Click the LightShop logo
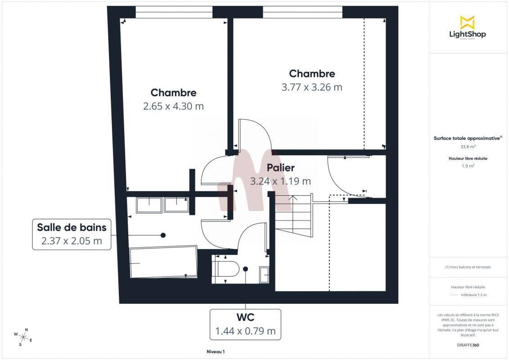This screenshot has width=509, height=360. point(468,27)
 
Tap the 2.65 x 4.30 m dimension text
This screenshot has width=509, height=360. point(173,106)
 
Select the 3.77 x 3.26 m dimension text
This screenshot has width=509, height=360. point(311,87)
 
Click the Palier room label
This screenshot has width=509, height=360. point(280,167)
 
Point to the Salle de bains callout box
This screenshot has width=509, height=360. point(72,234)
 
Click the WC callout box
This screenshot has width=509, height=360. point(245,324)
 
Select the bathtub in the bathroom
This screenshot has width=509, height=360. point(164,262)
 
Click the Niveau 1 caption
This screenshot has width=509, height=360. point(216,351)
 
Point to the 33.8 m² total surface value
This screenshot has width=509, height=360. point(468,147)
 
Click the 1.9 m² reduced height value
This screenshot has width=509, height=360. point(468,166)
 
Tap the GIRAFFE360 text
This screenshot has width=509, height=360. point(468,345)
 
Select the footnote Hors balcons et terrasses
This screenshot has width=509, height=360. point(468,267)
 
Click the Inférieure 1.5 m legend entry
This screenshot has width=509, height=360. point(473,295)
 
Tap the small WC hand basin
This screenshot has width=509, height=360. point(264,275)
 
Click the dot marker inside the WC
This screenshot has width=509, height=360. point(245,269)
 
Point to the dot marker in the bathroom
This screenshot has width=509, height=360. point(163,235)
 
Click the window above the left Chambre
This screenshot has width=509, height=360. point(174,12)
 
